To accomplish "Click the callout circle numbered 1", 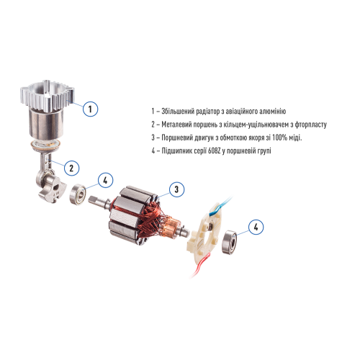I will (89, 109).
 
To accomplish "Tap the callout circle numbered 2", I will (71, 168).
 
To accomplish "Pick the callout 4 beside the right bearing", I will (255, 228).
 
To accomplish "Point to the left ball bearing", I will (77, 194).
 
